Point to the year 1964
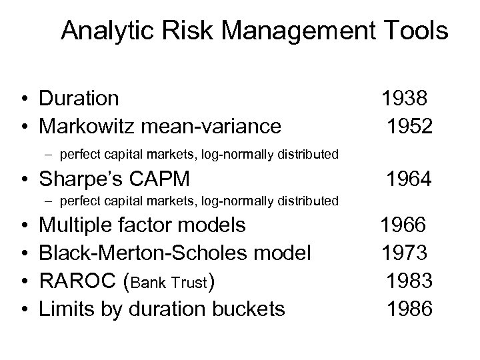409,179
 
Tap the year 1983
409,281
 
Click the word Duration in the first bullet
79,99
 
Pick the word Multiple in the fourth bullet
75,225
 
